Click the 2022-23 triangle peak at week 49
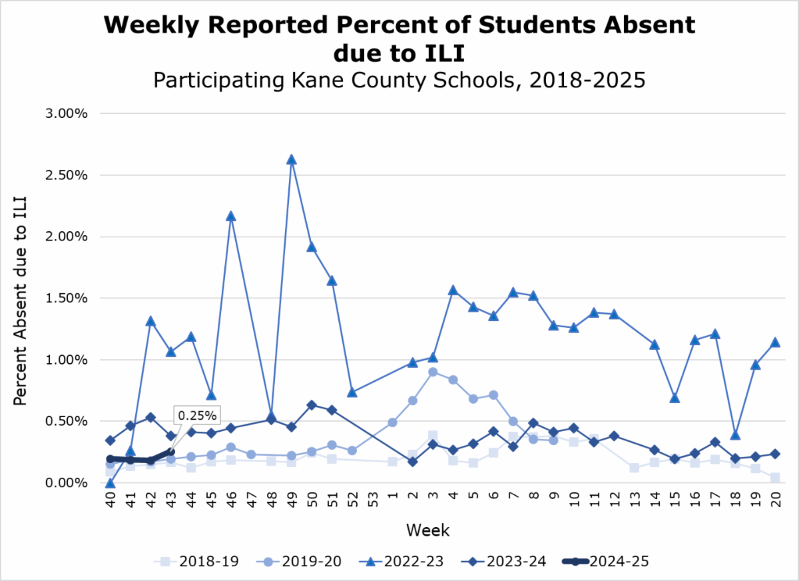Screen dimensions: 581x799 tap(291, 160)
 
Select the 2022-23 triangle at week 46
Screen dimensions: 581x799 tap(230, 217)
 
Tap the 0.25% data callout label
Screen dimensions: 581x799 tap(197, 416)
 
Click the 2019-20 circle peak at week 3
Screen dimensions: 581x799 tap(433, 372)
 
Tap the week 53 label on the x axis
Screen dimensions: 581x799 tap(372, 502)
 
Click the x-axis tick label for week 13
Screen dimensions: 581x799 tap(635, 502)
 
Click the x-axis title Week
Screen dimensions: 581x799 tap(427, 531)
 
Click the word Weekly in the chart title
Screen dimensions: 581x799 tap(150, 25)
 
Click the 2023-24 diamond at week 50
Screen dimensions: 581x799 tap(312, 405)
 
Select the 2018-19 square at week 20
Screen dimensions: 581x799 tap(776, 478)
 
